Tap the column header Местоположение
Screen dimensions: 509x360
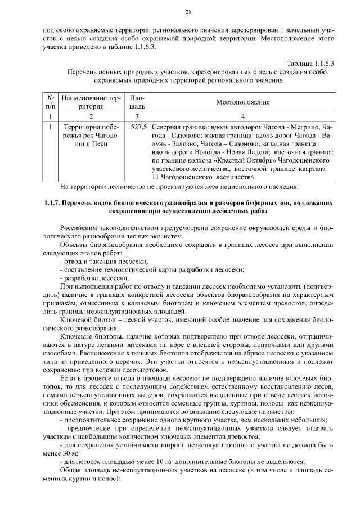point(242,102)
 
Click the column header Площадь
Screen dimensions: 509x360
point(137,102)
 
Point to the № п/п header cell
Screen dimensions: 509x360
point(50,102)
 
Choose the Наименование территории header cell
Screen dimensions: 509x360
point(91,102)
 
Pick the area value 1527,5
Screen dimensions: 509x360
point(137,127)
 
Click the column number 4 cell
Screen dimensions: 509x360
point(242,116)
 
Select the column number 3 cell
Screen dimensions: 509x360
point(137,116)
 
